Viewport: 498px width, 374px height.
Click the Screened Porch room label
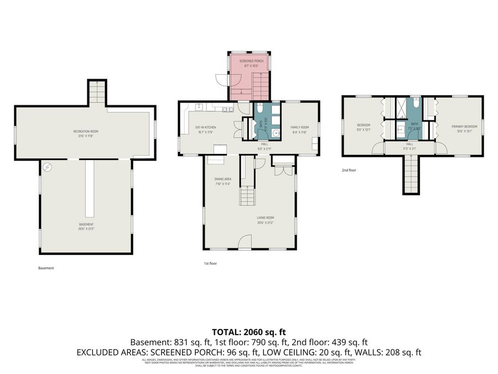(250, 62)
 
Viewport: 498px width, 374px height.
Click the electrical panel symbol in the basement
(48, 166)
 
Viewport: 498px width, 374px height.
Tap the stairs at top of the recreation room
(97, 91)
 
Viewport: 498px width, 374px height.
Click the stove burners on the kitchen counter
(226, 109)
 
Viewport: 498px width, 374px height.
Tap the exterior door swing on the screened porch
(221, 79)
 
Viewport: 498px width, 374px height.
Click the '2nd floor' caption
(349, 170)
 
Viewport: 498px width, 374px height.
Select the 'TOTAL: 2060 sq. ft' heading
(248, 332)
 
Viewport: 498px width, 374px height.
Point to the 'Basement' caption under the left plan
(46, 268)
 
